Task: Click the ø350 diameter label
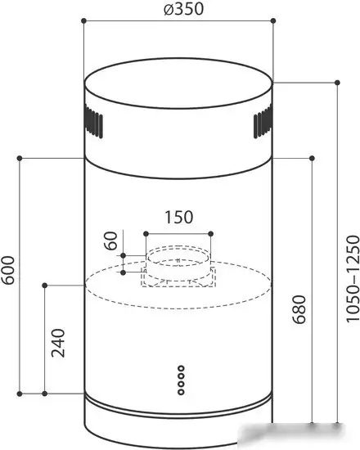(x=183, y=9)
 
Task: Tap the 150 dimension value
(x=178, y=218)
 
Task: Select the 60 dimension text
(x=111, y=241)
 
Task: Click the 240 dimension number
(x=58, y=343)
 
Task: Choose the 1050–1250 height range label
(x=353, y=279)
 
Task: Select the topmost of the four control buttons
(x=181, y=368)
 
